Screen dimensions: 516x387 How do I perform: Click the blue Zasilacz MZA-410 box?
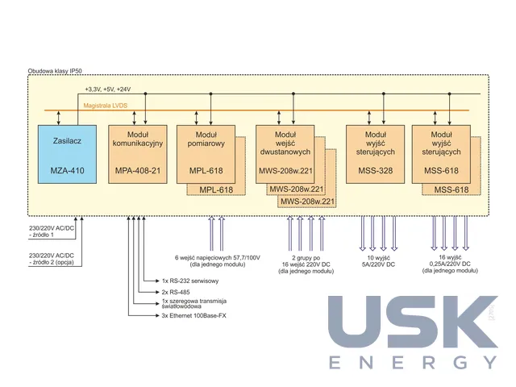pos(67,154)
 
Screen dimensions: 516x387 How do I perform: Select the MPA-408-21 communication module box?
pos(138,154)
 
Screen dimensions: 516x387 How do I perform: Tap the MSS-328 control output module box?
pos(375,154)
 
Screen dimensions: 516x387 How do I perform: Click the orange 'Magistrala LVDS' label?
pos(106,106)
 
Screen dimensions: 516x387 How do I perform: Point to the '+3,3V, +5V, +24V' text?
pos(108,89)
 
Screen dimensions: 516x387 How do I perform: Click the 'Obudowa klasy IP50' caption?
pos(55,71)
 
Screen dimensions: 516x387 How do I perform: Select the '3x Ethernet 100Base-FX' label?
pos(193,315)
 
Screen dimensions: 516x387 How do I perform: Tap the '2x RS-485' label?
pos(176,292)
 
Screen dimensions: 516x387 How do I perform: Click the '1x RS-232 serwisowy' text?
pos(190,281)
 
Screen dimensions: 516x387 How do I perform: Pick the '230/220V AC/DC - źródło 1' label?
pos(52,231)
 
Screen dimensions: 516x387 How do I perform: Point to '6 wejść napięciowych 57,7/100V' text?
pos(217,258)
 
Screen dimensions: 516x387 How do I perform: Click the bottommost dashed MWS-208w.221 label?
pos(307,202)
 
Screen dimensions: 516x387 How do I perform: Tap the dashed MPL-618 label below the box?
pos(216,190)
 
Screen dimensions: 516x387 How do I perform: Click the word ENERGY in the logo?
pos(414,362)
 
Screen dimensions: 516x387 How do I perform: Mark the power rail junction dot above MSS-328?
pos(384,94)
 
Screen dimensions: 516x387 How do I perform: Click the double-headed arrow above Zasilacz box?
pos(59,118)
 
